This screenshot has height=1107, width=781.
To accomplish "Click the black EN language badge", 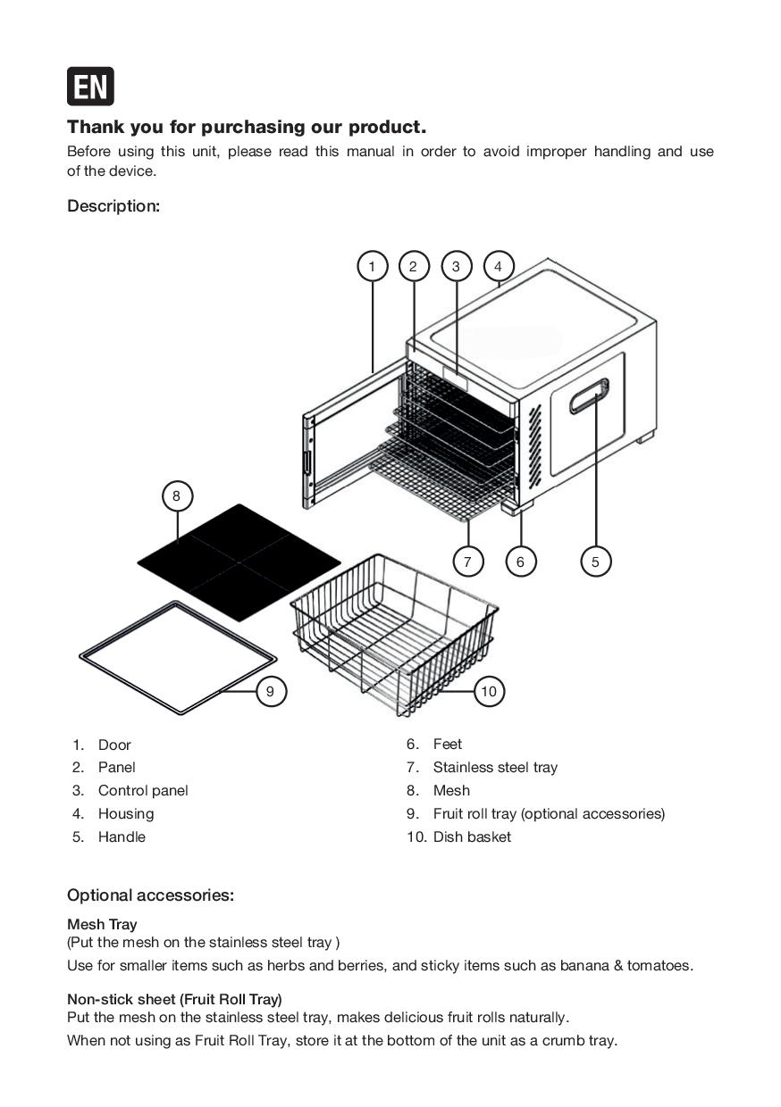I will [x=90, y=87].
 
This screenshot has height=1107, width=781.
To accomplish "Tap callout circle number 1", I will [x=372, y=266].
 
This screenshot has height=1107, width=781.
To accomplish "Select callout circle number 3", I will [x=456, y=266].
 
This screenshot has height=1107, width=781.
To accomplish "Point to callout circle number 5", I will [x=595, y=562].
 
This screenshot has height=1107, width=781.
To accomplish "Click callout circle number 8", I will [x=177, y=495].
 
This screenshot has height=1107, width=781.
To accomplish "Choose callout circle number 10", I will [x=488, y=691].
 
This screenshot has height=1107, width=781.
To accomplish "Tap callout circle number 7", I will [x=467, y=562].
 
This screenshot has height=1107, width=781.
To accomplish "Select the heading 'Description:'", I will [x=113, y=206].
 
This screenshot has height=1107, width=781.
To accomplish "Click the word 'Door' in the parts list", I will [x=114, y=745].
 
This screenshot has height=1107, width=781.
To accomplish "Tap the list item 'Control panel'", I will [x=143, y=791].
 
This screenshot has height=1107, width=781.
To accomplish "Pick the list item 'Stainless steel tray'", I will [x=495, y=768].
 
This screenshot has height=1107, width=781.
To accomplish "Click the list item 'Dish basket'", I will [x=472, y=837].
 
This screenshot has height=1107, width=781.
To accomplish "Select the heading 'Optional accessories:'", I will [x=150, y=895].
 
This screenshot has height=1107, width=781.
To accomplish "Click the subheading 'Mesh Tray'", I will [x=102, y=925].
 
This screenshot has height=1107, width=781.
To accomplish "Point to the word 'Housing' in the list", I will [x=126, y=814].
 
